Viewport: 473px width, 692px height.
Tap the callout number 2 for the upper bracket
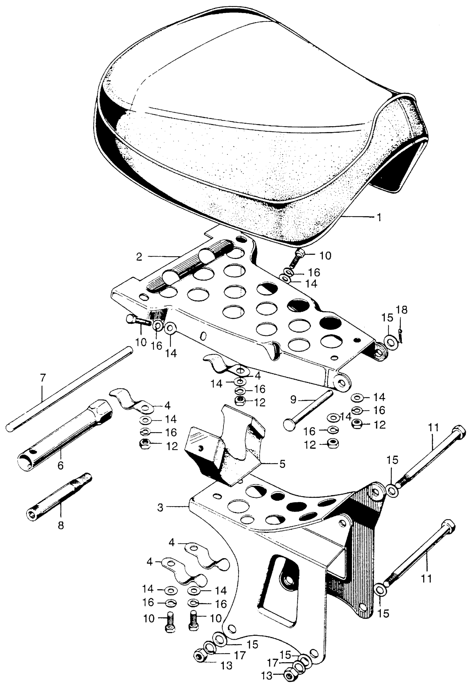[139, 257]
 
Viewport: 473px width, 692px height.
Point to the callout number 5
[282, 464]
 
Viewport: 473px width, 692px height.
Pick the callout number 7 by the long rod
[43, 379]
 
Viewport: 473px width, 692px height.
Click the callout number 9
[293, 400]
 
